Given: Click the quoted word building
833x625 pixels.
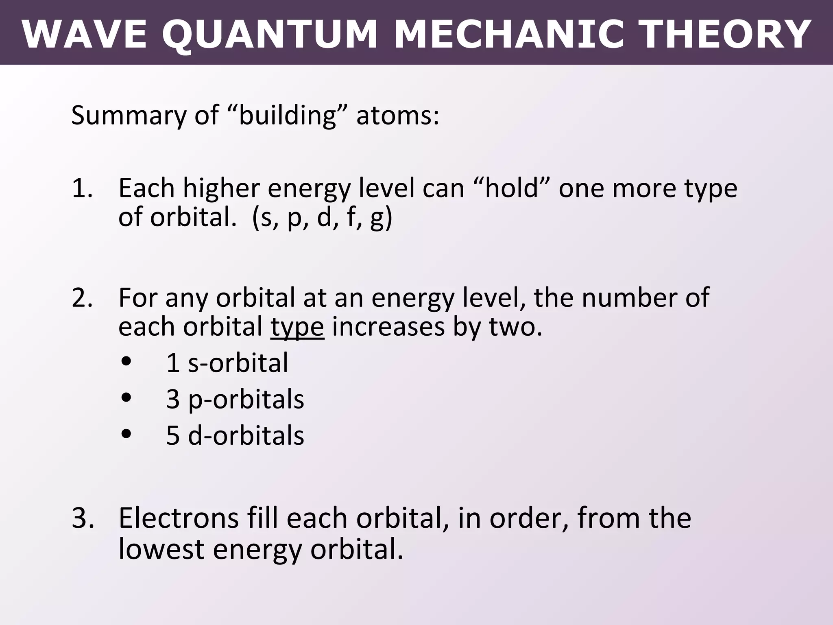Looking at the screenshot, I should click(287, 115).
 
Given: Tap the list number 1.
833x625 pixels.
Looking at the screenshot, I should click(81, 188).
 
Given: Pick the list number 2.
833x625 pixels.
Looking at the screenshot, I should click(81, 298).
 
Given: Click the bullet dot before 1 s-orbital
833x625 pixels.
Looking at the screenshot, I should click(127, 361).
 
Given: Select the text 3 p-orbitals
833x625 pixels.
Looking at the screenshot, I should click(235, 399).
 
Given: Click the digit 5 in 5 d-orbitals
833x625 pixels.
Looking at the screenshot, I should click(173, 435).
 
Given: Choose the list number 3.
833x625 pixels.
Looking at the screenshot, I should click(81, 518).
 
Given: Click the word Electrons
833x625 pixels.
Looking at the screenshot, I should click(179, 518).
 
